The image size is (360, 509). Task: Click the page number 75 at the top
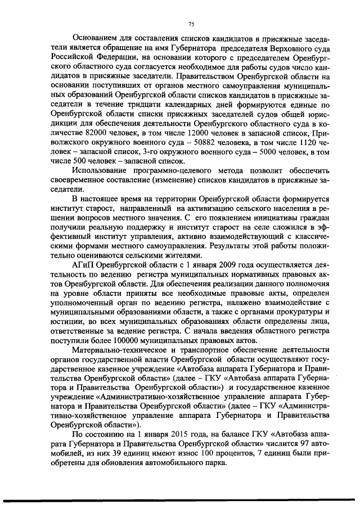[191, 24]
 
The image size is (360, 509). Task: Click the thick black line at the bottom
[180, 499]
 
